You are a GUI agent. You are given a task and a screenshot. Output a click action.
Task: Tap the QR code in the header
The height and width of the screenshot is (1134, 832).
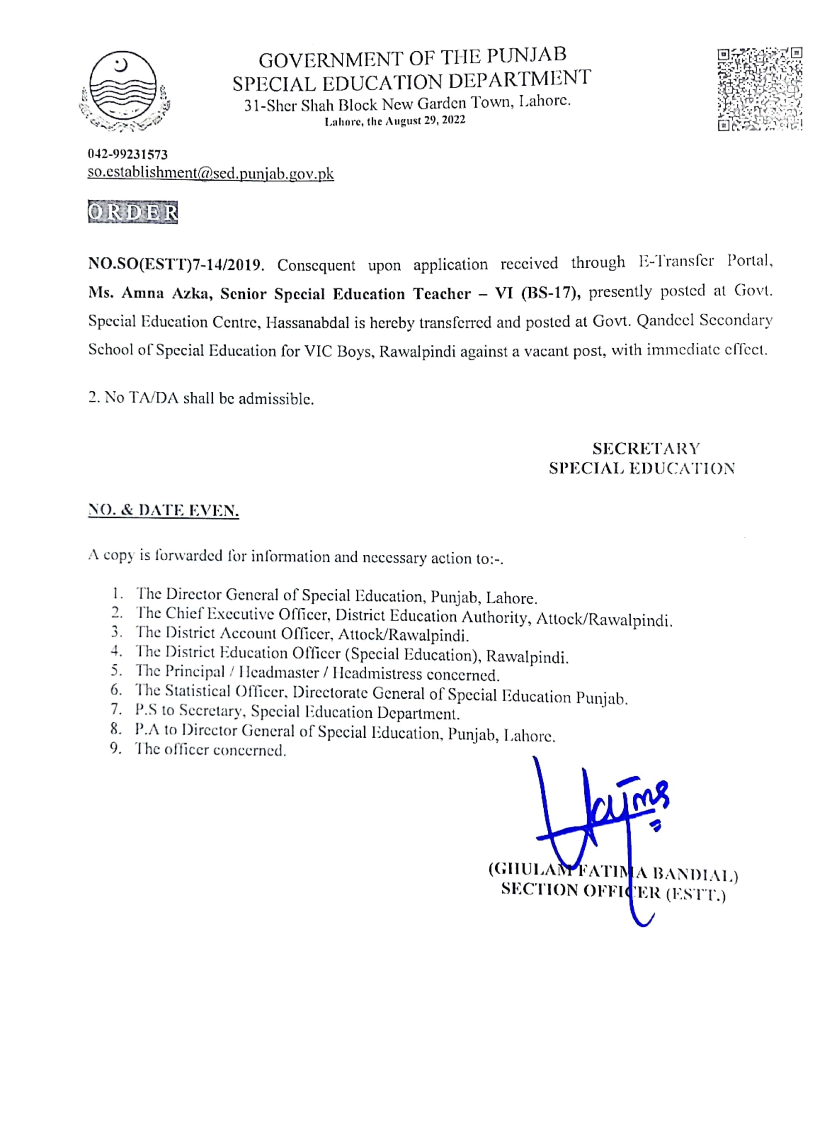[x=759, y=89]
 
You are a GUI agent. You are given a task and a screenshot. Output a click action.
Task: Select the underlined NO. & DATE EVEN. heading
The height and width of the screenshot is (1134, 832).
[x=163, y=511]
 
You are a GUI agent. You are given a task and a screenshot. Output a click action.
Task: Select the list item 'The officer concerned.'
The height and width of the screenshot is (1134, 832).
[x=211, y=750]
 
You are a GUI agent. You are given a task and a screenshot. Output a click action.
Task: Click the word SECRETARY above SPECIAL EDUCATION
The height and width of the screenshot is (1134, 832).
[x=646, y=448]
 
